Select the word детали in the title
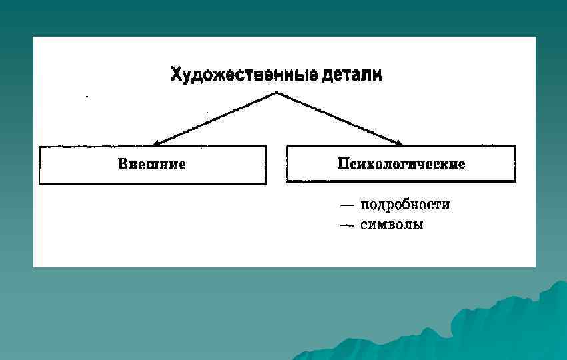pyautogui.click(x=352, y=74)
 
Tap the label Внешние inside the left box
pyautogui.click(x=152, y=164)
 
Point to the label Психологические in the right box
pyautogui.click(x=401, y=164)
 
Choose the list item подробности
pyautogui.click(x=405, y=205)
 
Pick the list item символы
pyautogui.click(x=392, y=225)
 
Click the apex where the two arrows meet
pyautogui.click(x=276, y=93)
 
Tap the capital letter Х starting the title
pyautogui.click(x=177, y=74)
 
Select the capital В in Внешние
pyautogui.click(x=123, y=164)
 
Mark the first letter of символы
pyautogui.click(x=364, y=225)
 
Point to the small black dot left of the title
pyautogui.click(x=86, y=97)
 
